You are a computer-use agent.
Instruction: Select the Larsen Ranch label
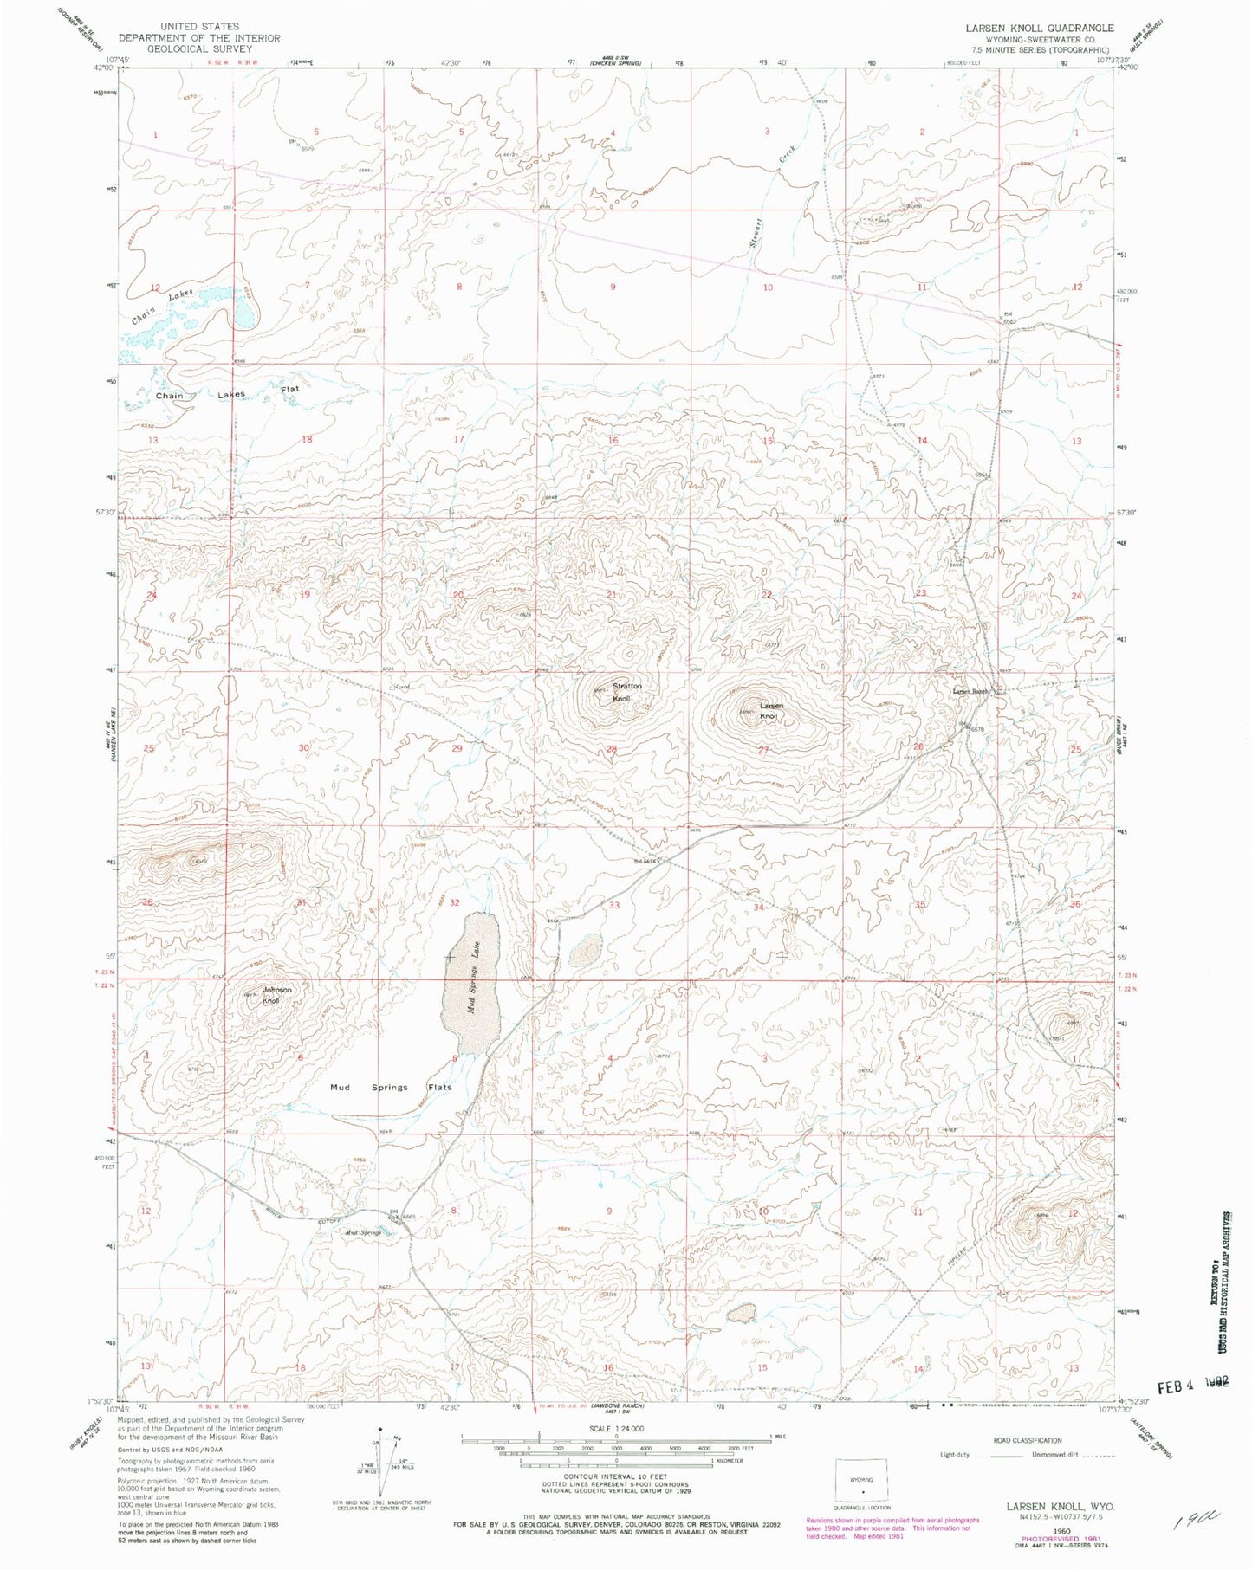(970, 691)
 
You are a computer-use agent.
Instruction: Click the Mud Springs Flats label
(391, 1087)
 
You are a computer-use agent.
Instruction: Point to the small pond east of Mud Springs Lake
(586, 950)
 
